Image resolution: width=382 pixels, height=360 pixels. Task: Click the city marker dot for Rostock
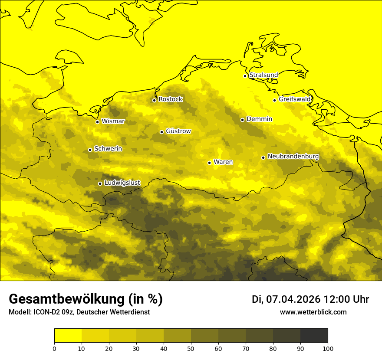(x=154, y=100)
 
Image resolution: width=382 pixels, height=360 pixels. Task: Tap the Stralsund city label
(x=263, y=75)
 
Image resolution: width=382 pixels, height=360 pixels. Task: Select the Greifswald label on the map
(x=295, y=99)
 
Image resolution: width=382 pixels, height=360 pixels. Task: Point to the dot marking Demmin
(x=242, y=120)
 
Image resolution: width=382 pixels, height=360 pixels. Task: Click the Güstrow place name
(x=178, y=131)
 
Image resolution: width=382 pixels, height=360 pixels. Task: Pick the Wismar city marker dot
(x=97, y=122)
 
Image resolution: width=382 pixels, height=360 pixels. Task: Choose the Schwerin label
(x=108, y=149)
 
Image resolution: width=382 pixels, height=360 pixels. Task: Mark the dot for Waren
(x=209, y=163)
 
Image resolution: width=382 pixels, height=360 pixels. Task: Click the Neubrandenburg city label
(x=293, y=157)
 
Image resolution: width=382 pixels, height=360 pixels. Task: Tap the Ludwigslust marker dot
(x=100, y=183)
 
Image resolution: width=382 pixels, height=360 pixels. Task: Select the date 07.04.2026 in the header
(x=293, y=299)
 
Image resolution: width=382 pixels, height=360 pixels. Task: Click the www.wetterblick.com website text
(x=313, y=312)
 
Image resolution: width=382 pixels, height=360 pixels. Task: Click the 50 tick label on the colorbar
(x=191, y=348)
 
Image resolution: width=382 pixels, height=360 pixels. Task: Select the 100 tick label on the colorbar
(x=328, y=348)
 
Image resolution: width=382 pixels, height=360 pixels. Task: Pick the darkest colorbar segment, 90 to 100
(x=314, y=336)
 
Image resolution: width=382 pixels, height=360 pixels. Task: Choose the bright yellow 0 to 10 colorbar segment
(x=68, y=336)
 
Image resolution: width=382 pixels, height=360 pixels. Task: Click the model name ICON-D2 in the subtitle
(x=45, y=312)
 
